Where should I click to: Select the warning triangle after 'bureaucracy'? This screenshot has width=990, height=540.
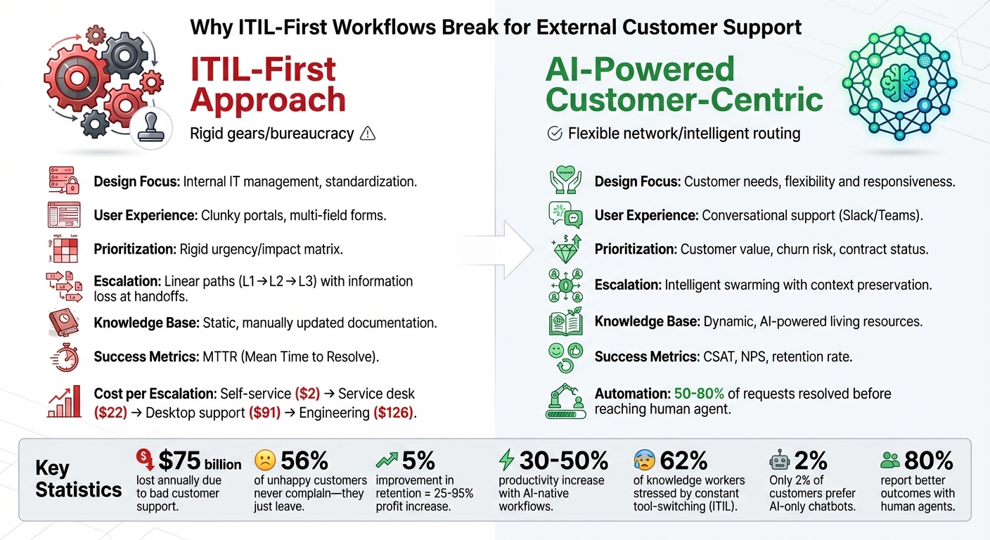click(367, 134)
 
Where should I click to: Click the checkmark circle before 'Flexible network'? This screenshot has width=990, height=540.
click(555, 134)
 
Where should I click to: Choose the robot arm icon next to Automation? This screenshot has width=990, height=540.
click(566, 401)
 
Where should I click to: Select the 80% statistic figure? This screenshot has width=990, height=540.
click(928, 461)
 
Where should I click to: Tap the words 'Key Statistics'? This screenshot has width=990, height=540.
click(78, 480)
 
